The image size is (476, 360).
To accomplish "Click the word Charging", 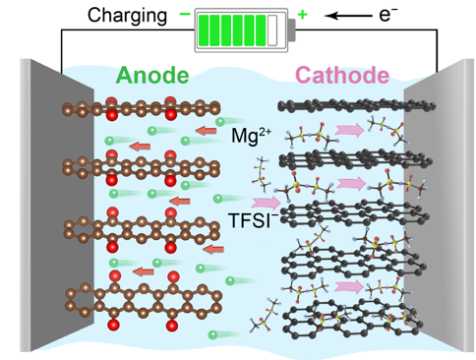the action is tap(127, 17).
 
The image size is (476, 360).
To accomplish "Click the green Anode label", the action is tap(152, 76).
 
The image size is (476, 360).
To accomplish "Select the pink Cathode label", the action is tap(342, 75).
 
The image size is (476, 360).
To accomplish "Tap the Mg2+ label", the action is tap(251, 135).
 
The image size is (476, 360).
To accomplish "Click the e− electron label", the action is tap(388, 15).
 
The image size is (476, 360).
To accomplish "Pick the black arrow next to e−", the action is tap(348, 16).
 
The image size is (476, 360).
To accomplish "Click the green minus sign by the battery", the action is tap(185, 14).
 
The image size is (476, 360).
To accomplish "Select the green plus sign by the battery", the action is tap(302, 15).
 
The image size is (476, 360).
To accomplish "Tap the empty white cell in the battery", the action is tap(272, 30).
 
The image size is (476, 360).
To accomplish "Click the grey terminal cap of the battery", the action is tap(292, 30).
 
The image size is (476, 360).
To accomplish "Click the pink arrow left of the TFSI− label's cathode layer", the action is tap(266, 203).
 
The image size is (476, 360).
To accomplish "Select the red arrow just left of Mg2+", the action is tap(206, 131).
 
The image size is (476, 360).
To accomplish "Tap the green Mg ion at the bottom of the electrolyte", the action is tap(212, 334).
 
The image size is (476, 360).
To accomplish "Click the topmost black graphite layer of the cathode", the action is tap(356, 106).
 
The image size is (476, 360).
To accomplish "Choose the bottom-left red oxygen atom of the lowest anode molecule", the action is tap(114, 325).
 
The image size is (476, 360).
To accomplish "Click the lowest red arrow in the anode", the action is tap(144, 271).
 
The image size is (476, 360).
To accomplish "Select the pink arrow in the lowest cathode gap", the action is tap(349, 287).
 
